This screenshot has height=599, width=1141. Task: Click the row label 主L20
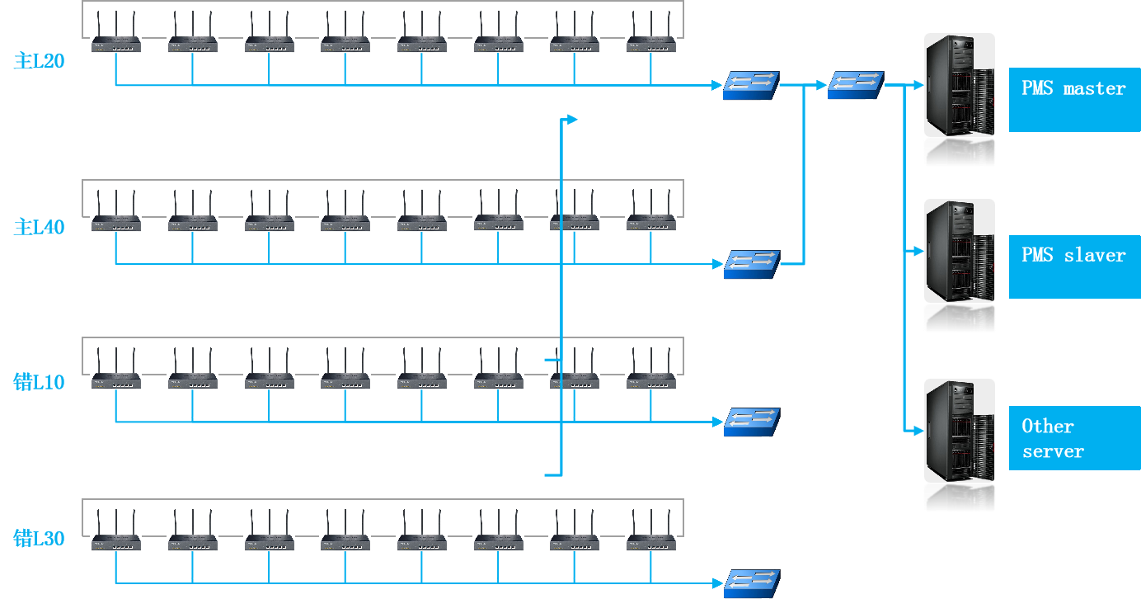pyautogui.click(x=39, y=61)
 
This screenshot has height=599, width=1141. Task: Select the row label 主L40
pyautogui.click(x=39, y=227)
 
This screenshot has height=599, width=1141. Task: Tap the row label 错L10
pyautogui.click(x=39, y=382)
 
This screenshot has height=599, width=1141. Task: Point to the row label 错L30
pyautogui.click(x=39, y=539)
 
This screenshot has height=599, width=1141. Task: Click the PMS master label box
pyautogui.click(x=1074, y=100)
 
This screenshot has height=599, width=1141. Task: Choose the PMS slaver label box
pyautogui.click(x=1074, y=266)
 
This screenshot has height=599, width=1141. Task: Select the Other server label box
pyautogui.click(x=1074, y=439)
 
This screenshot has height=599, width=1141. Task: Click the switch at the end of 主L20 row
pyautogui.click(x=751, y=86)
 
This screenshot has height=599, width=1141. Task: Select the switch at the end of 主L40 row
pyautogui.click(x=751, y=265)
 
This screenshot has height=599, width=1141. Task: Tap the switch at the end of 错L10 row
pyautogui.click(x=751, y=422)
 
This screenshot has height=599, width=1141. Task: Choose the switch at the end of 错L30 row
pyautogui.click(x=751, y=584)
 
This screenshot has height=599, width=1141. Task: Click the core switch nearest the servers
pyautogui.click(x=856, y=85)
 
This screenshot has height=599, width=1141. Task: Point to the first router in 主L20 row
pyautogui.click(x=115, y=32)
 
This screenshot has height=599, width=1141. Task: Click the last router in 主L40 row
pyautogui.click(x=650, y=210)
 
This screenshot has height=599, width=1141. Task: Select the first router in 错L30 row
pyautogui.click(x=115, y=531)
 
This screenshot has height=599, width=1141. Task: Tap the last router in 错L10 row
pyautogui.click(x=650, y=368)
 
